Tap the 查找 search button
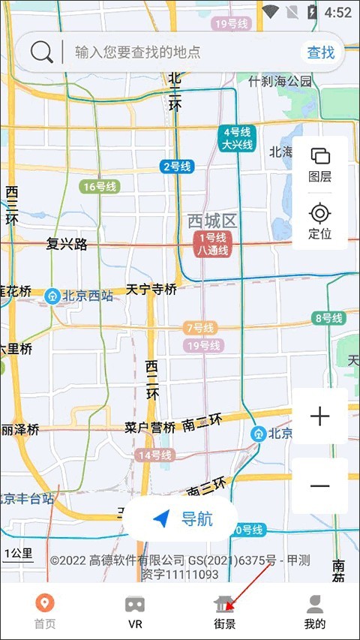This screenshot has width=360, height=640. pos(320,52)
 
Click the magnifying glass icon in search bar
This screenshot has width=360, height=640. pos(42,52)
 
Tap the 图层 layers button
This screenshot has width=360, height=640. pos(320,164)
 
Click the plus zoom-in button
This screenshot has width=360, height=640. pos(320,416)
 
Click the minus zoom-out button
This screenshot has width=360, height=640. pos(320,485)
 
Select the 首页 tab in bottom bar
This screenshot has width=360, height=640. pos(45,611)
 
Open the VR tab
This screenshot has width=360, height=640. pos(135,611)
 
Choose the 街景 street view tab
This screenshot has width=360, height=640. pos(224,611)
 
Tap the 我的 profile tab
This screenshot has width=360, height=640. pos(315,611)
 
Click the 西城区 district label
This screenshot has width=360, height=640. pos(211,221)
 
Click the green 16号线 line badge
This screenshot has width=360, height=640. pos(100,187)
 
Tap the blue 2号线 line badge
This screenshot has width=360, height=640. pos(177,167)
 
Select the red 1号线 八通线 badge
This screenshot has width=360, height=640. pos(212,245)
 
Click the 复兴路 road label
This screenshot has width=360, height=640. pos(67,244)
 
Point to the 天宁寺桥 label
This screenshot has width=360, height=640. pos(151,289)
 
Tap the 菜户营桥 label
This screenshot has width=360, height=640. pos(150,428)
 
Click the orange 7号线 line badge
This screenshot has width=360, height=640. pos(199,328)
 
